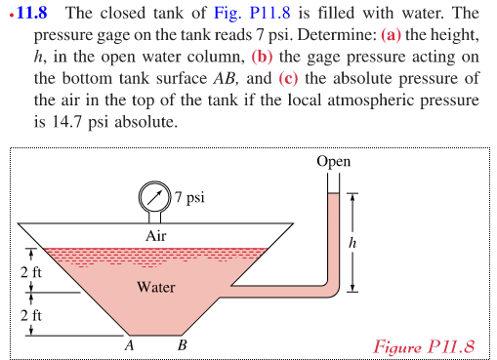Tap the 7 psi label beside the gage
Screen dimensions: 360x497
tap(189, 198)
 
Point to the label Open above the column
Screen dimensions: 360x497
tap(334, 161)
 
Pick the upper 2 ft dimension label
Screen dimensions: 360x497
tap(30, 270)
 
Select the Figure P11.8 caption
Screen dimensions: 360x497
tap(425, 346)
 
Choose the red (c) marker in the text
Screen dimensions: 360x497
tap(293, 80)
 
